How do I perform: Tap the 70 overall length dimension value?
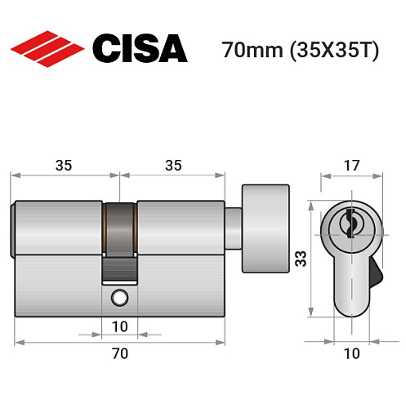(119, 353)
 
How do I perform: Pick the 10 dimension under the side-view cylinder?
(119, 327)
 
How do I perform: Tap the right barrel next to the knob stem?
(180, 227)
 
